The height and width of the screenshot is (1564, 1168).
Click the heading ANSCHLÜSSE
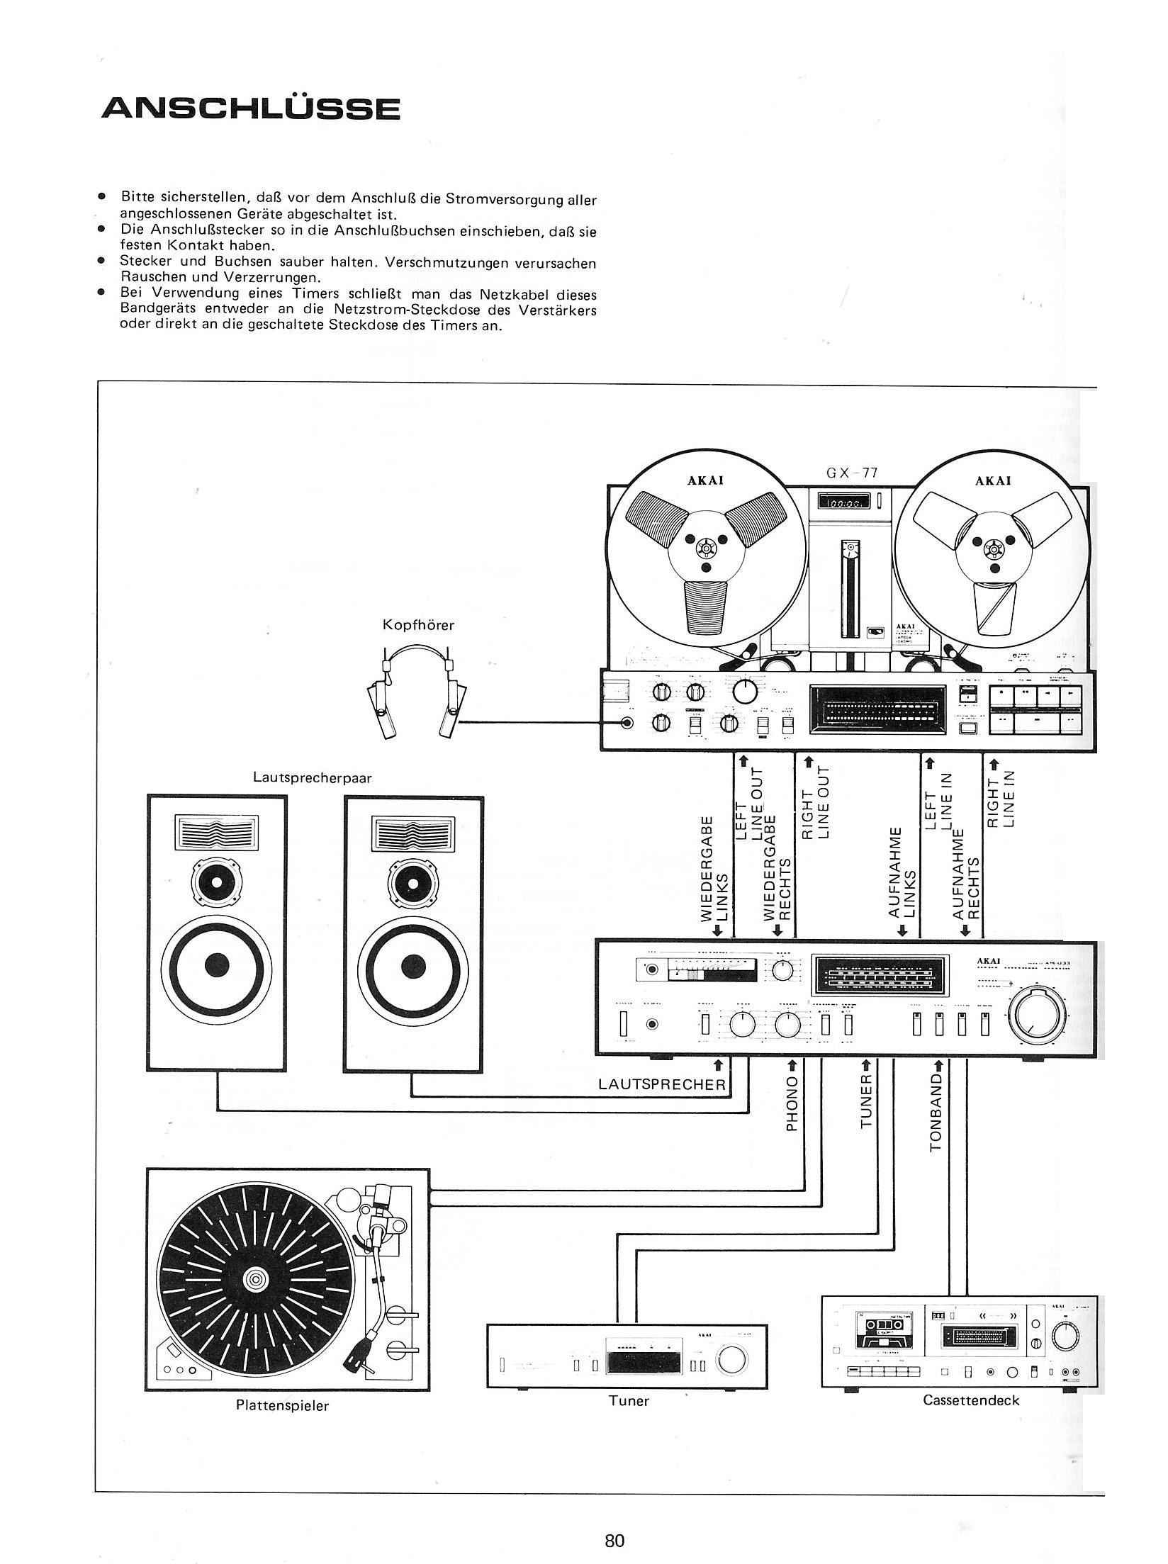point(251,108)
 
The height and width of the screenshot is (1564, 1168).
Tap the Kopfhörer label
point(418,625)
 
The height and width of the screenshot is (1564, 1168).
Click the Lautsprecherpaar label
point(313,777)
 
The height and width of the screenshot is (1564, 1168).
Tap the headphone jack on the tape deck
point(627,724)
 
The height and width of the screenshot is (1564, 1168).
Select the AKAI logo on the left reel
point(705,480)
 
